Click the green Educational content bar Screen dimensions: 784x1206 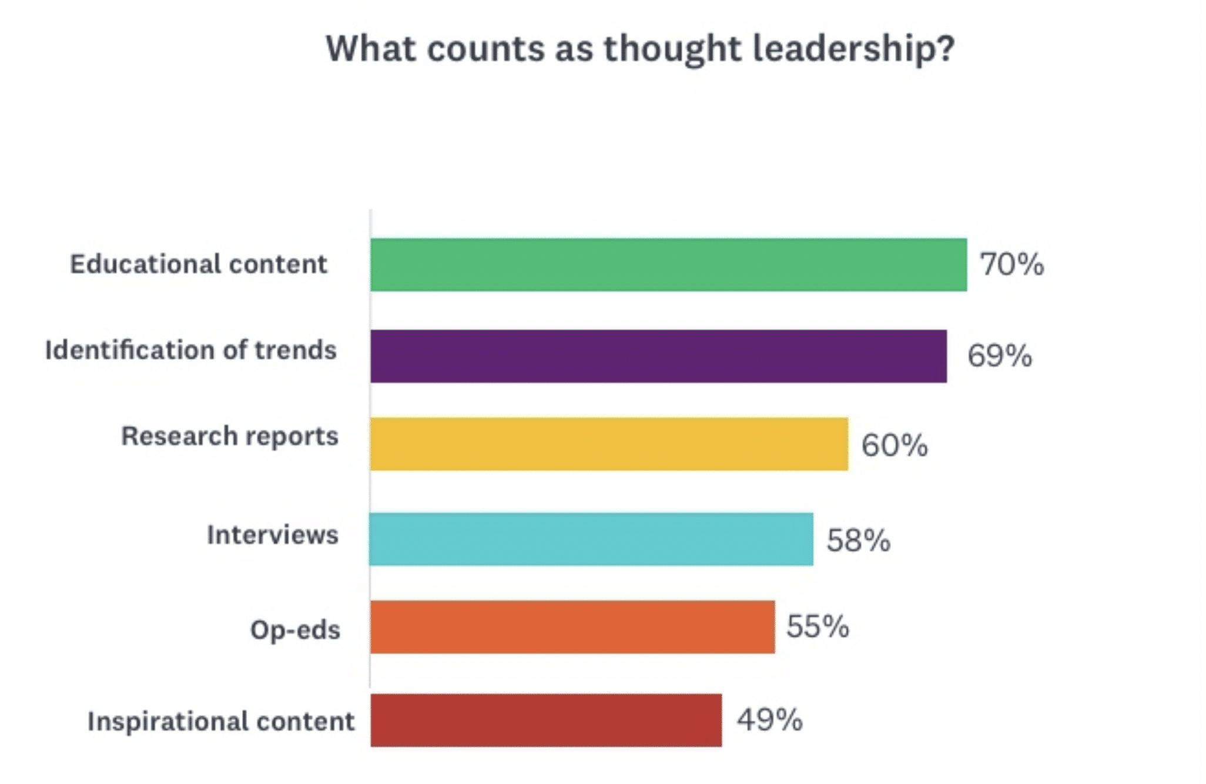coord(668,264)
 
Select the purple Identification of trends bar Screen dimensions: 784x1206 coord(658,356)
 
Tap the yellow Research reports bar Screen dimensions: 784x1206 coord(609,444)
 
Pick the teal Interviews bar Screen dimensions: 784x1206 coord(591,539)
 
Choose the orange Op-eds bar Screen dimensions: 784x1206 coord(572,627)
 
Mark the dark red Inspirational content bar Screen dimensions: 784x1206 coord(546,721)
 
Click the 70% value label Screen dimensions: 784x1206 coord(1011,264)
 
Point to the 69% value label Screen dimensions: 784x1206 coord(999,356)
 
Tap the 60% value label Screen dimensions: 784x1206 coord(894,445)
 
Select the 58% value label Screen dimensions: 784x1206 coord(858,540)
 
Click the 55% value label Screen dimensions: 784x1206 coord(818,626)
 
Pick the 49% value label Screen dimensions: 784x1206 coord(769,719)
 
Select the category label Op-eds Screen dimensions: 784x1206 coord(295,630)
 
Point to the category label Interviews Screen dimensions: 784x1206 coord(273,535)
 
